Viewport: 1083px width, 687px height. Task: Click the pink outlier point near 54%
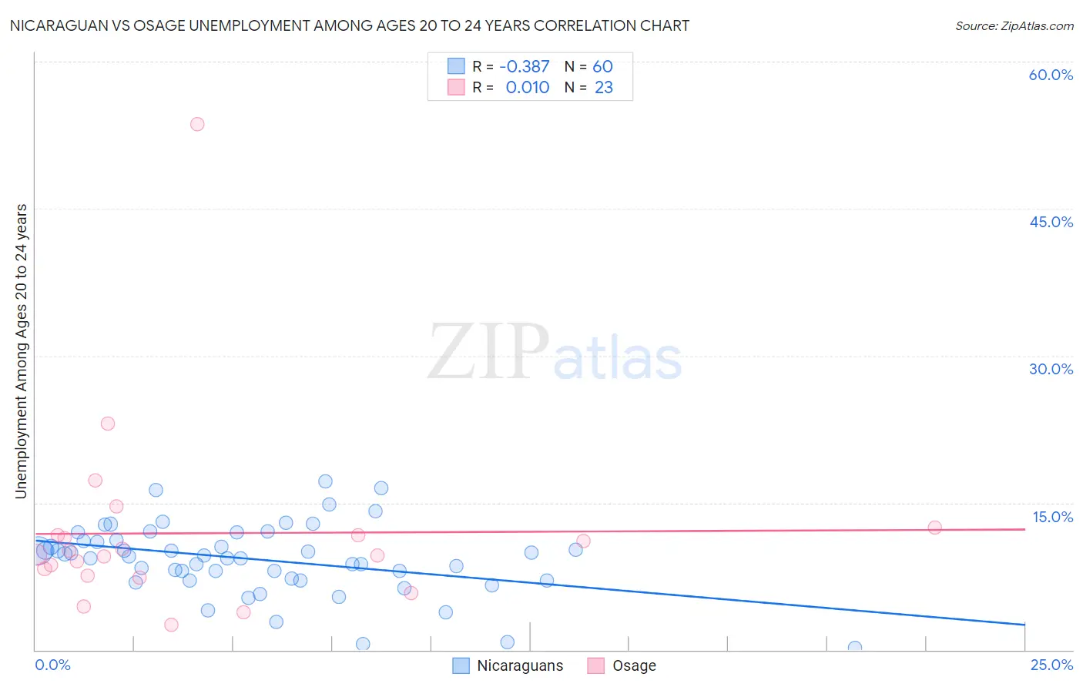click(x=197, y=124)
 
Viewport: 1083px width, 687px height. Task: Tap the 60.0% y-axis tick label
click(x=1051, y=75)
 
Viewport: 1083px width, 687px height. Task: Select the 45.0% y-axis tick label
click(x=1051, y=222)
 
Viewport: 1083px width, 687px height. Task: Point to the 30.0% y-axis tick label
click(x=1051, y=369)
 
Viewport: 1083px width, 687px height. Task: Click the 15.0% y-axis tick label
click(x=1052, y=517)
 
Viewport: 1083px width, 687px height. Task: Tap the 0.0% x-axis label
click(x=52, y=665)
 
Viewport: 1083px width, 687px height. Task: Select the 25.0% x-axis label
click(x=1051, y=665)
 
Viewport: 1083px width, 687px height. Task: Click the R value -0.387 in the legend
click(x=525, y=67)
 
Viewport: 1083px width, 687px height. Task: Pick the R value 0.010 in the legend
click(x=528, y=88)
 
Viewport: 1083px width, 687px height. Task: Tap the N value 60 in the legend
click(x=602, y=67)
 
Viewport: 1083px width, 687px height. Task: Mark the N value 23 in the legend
click(x=604, y=88)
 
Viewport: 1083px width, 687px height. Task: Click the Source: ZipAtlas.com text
click(x=1014, y=26)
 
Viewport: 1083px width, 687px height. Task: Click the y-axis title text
click(x=22, y=350)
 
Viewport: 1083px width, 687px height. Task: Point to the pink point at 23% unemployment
click(x=108, y=424)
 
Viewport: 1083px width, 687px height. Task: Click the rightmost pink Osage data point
click(x=934, y=528)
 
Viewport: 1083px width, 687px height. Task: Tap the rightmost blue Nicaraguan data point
click(x=854, y=648)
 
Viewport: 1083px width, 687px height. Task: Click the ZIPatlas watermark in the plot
click(x=555, y=353)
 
